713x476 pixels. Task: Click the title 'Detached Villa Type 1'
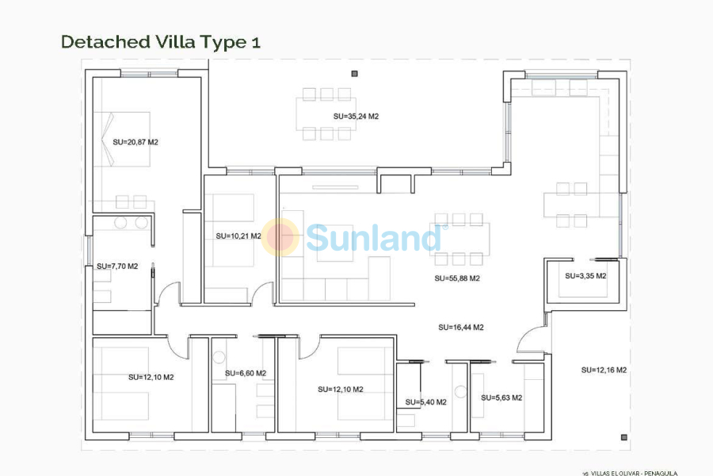pyautogui.click(x=160, y=42)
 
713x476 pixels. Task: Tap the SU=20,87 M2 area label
pyautogui.click(x=136, y=143)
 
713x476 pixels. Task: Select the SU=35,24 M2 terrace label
pyautogui.click(x=356, y=117)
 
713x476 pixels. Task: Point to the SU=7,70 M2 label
pyautogui.click(x=117, y=267)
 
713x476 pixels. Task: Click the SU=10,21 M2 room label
pyautogui.click(x=238, y=236)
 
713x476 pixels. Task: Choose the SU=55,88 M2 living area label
pyautogui.click(x=457, y=278)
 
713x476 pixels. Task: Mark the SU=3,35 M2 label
pyautogui.click(x=585, y=276)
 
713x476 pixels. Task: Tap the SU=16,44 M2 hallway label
pyautogui.click(x=461, y=328)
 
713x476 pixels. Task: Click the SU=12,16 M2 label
pyautogui.click(x=604, y=370)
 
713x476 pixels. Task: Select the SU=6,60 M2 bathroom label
pyautogui.click(x=246, y=373)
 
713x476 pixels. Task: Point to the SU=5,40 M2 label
pyautogui.click(x=425, y=402)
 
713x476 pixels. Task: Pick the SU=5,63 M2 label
pyautogui.click(x=501, y=398)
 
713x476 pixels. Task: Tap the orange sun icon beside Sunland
pyautogui.click(x=281, y=236)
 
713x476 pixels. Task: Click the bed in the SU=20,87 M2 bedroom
pyautogui.click(x=122, y=138)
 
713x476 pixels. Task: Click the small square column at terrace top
pyautogui.click(x=354, y=74)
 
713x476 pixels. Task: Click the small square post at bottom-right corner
pyautogui.click(x=625, y=438)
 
